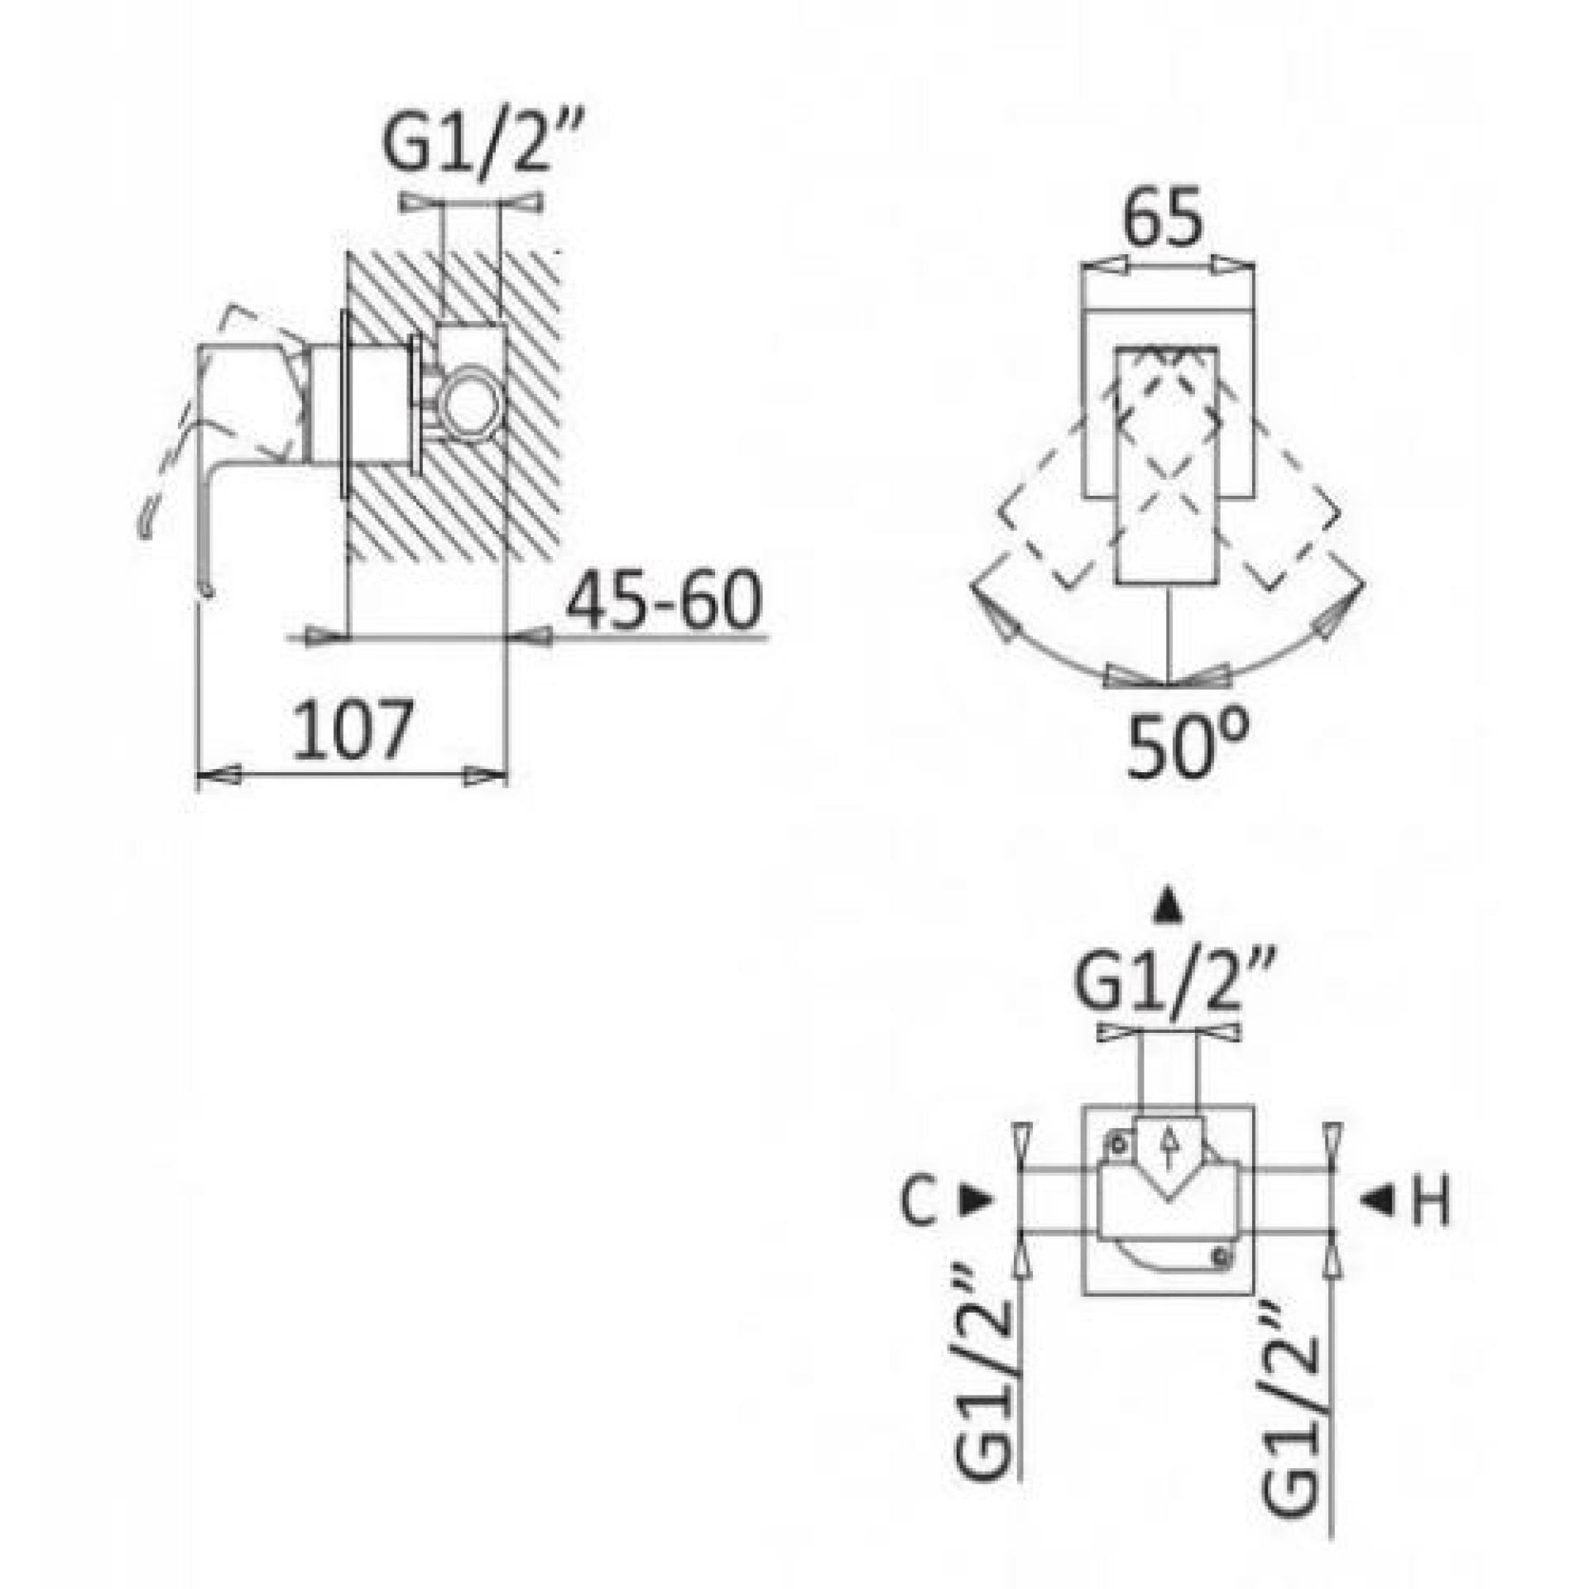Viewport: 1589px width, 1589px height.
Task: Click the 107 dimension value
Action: (353, 730)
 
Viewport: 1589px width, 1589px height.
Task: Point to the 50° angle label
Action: (1188, 747)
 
